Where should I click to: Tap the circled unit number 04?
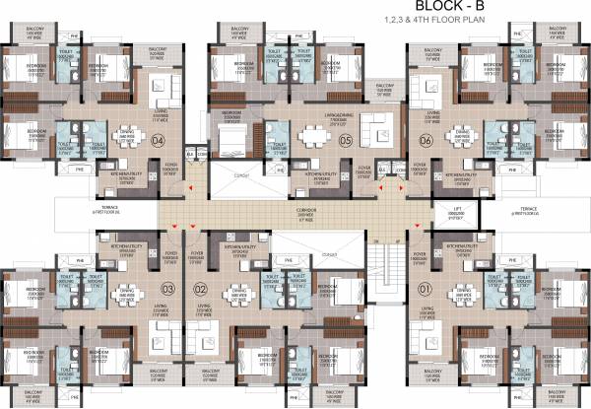pyautogui.click(x=159, y=140)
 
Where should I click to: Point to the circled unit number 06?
pyautogui.click(x=427, y=140)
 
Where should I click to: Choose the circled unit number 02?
pyautogui.click(x=200, y=289)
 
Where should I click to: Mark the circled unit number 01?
pyautogui.click(x=427, y=289)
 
